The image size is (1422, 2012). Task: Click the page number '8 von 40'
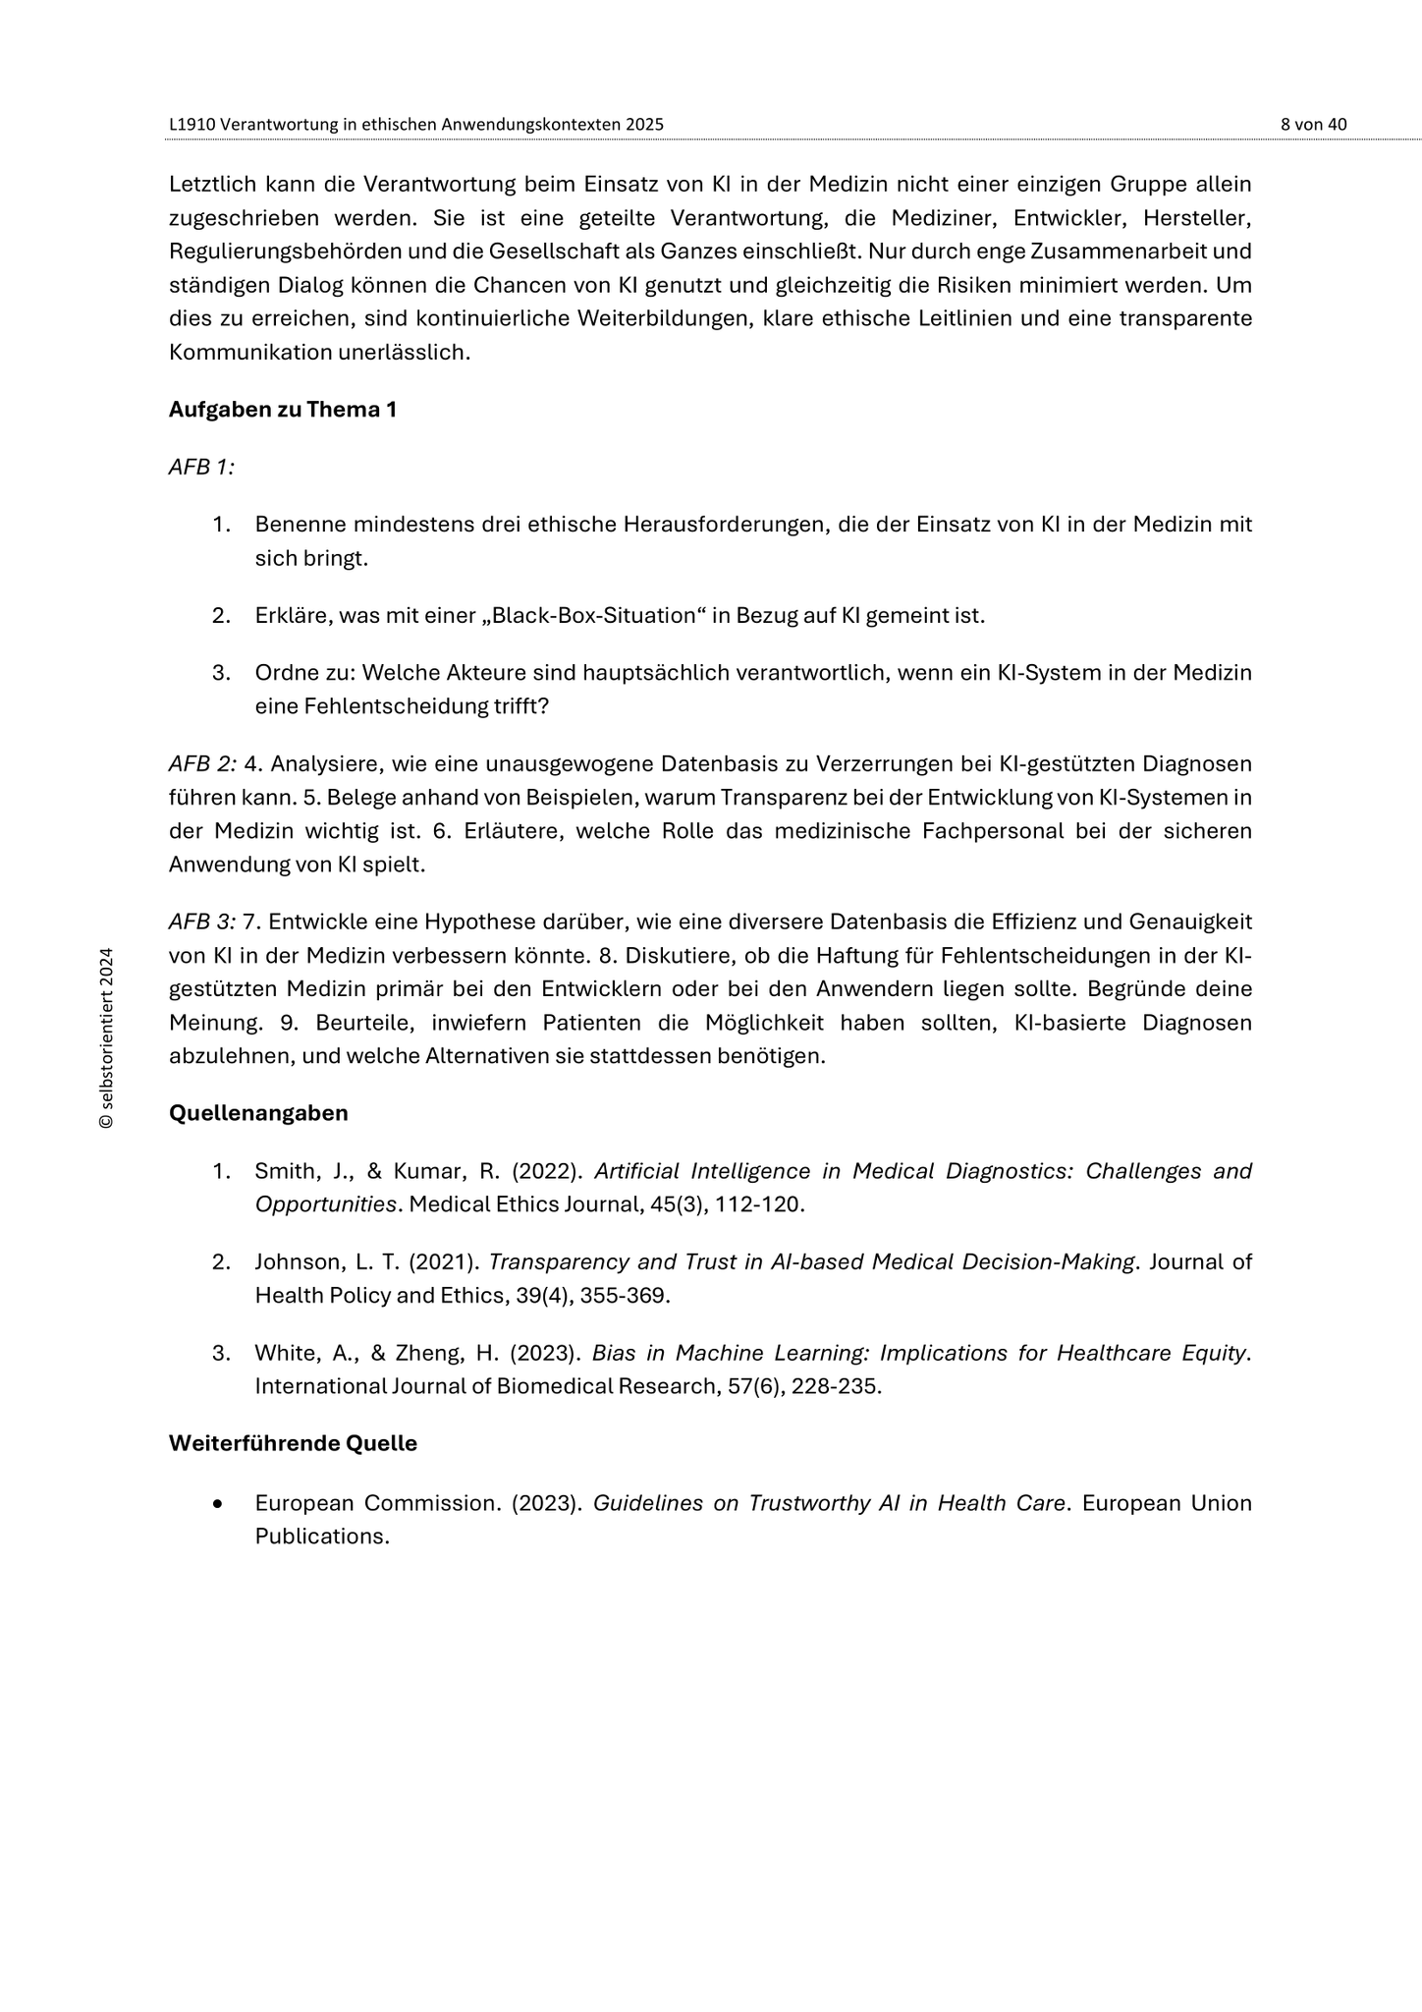pyautogui.click(x=1313, y=124)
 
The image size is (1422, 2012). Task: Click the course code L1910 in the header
pyautogui.click(x=192, y=124)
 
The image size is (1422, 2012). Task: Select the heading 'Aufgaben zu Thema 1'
pyautogui.click(x=283, y=410)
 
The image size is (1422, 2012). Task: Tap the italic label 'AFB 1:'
pyautogui.click(x=201, y=467)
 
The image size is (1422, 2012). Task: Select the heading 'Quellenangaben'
pyautogui.click(x=258, y=1113)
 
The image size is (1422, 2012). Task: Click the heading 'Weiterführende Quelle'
pyautogui.click(x=293, y=1443)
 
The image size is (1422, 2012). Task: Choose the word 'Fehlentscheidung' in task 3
pyautogui.click(x=386, y=706)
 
